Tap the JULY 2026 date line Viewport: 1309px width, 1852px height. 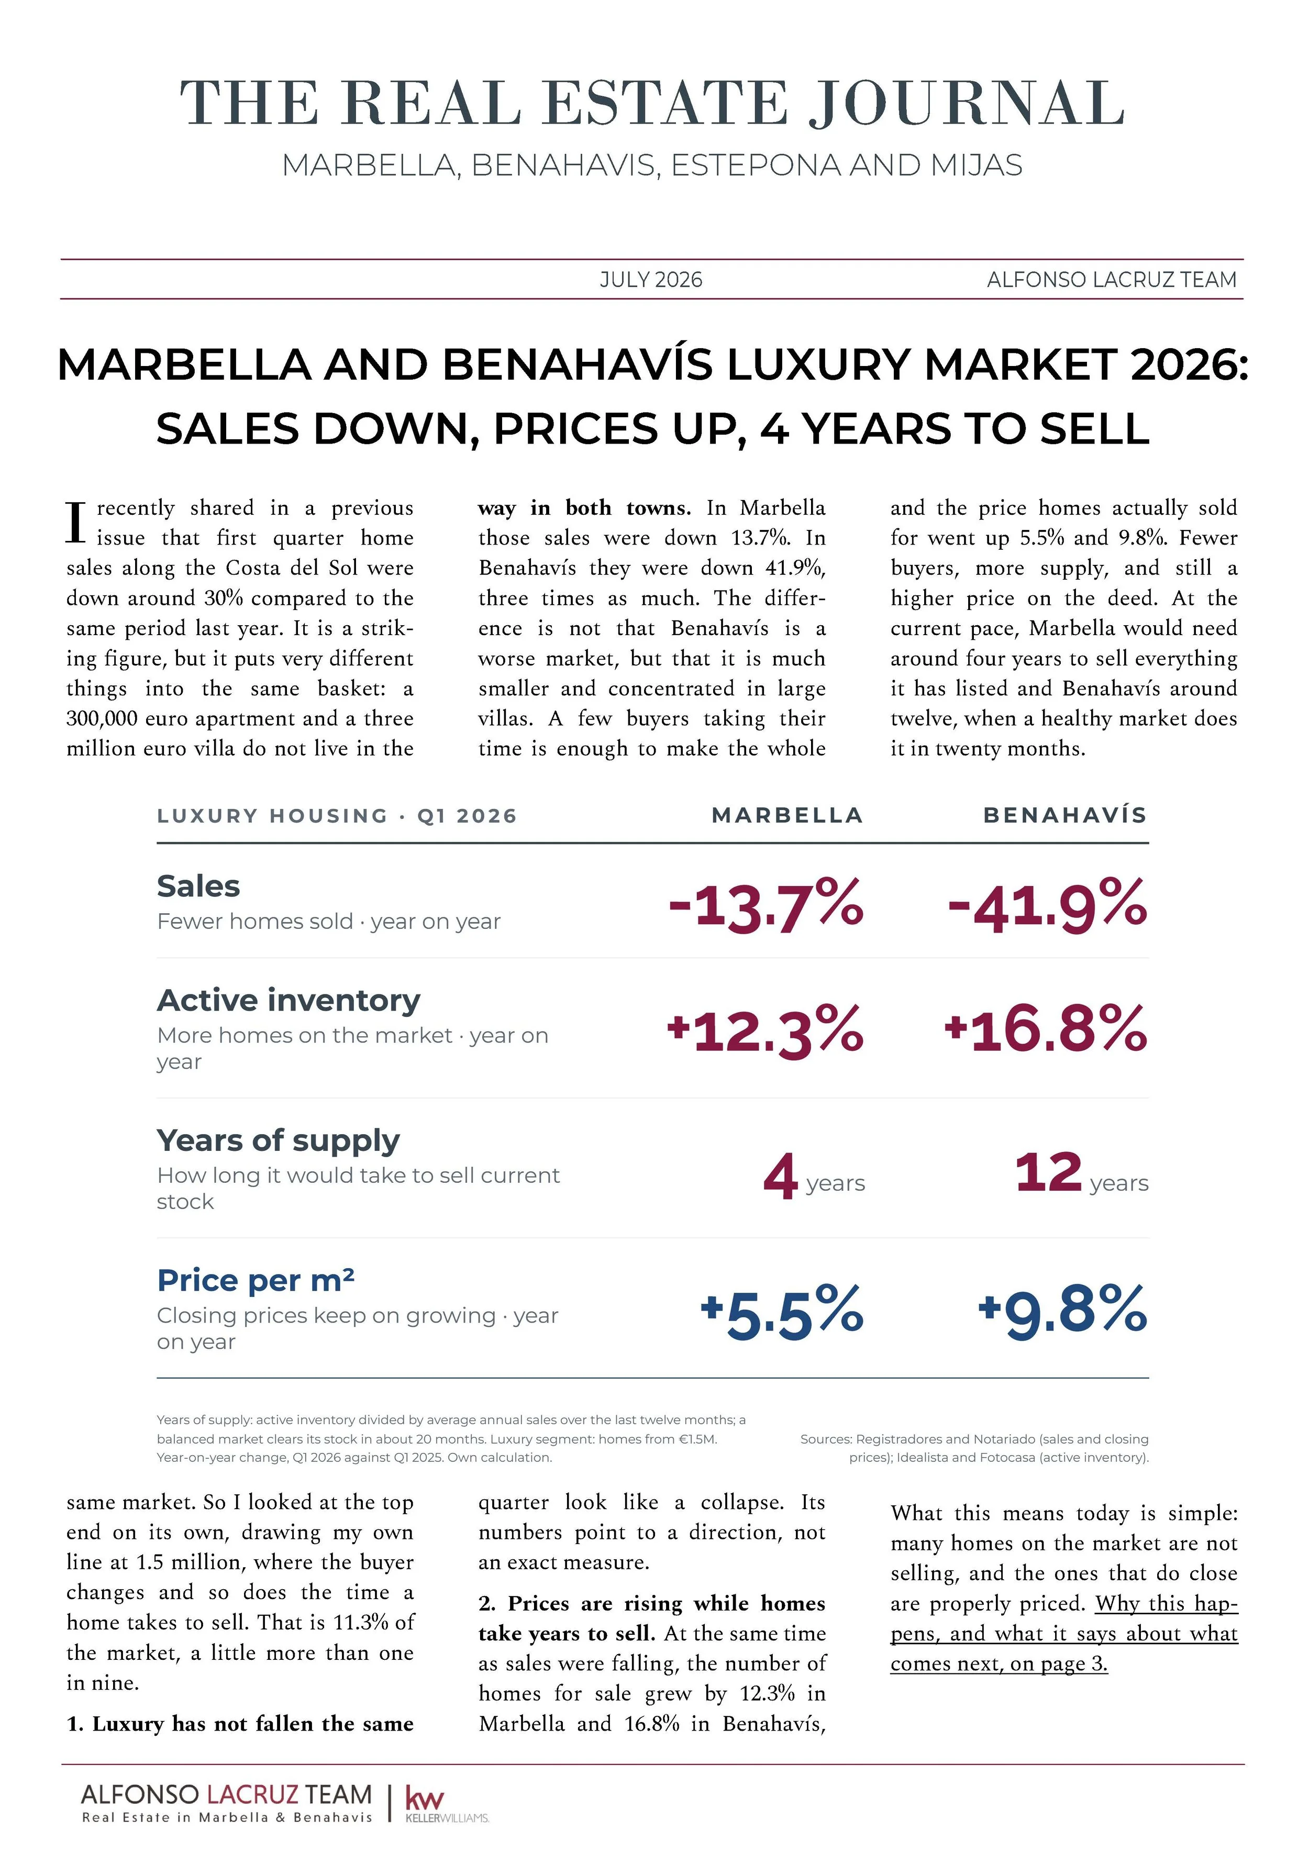click(651, 280)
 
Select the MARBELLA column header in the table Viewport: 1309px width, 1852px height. click(787, 815)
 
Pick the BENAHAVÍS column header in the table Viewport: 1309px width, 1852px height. click(1064, 815)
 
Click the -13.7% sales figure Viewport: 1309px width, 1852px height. click(766, 906)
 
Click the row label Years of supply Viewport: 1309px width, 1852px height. click(278, 1140)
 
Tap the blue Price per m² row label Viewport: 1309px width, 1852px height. click(256, 1280)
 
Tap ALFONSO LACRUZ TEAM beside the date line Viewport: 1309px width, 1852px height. click(1112, 280)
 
